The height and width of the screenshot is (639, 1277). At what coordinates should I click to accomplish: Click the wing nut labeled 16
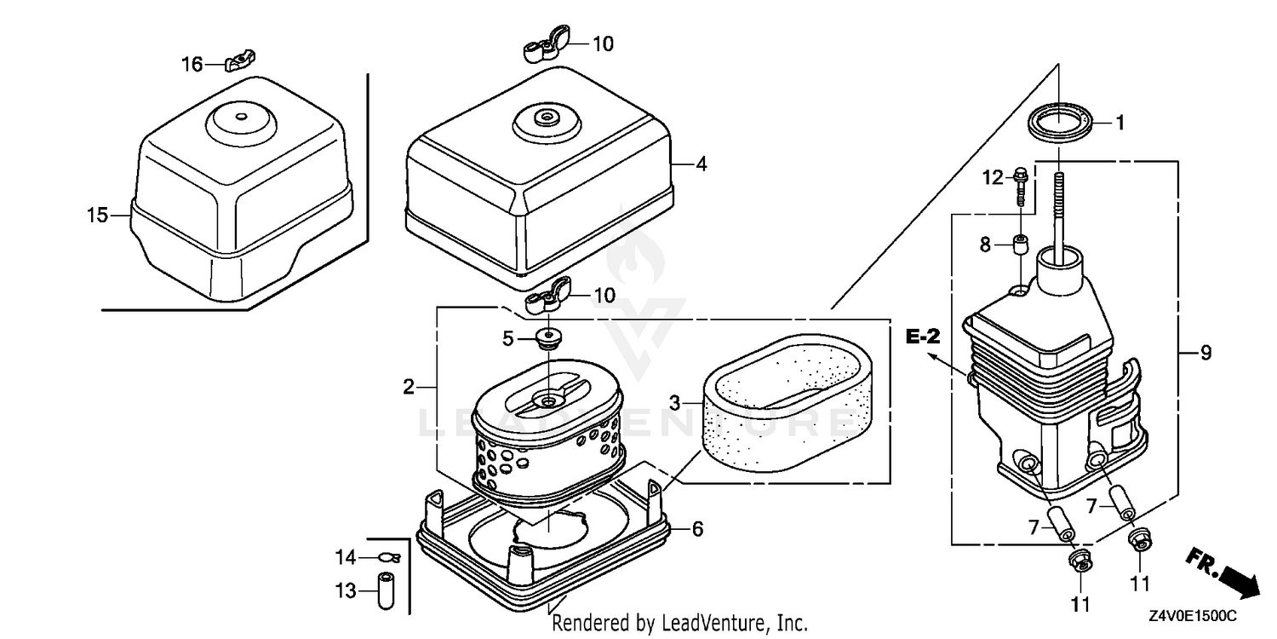point(240,61)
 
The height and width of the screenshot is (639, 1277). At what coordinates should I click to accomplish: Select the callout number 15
point(97,216)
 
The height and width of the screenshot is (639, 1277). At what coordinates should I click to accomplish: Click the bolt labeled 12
point(1021,186)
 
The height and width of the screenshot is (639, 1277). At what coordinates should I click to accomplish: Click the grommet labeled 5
point(548,338)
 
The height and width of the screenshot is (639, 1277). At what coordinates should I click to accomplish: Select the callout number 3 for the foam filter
point(674,403)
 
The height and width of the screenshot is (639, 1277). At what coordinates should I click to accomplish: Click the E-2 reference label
point(923,337)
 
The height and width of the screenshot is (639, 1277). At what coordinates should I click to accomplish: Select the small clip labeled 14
point(389,557)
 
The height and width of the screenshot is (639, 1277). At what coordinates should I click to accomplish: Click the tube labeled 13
point(386,591)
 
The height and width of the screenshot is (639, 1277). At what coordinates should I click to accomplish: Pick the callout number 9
point(1205,353)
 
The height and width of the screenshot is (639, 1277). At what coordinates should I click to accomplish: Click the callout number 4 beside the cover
point(701,164)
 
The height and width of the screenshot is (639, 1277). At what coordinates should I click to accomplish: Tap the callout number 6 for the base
point(697,529)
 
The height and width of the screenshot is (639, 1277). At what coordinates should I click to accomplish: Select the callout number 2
point(408,388)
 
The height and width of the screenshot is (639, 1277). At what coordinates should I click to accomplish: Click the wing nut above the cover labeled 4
point(547,43)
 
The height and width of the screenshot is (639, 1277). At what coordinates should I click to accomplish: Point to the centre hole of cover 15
point(241,117)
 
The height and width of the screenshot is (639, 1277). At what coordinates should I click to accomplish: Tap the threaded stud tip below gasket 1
point(1059,175)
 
